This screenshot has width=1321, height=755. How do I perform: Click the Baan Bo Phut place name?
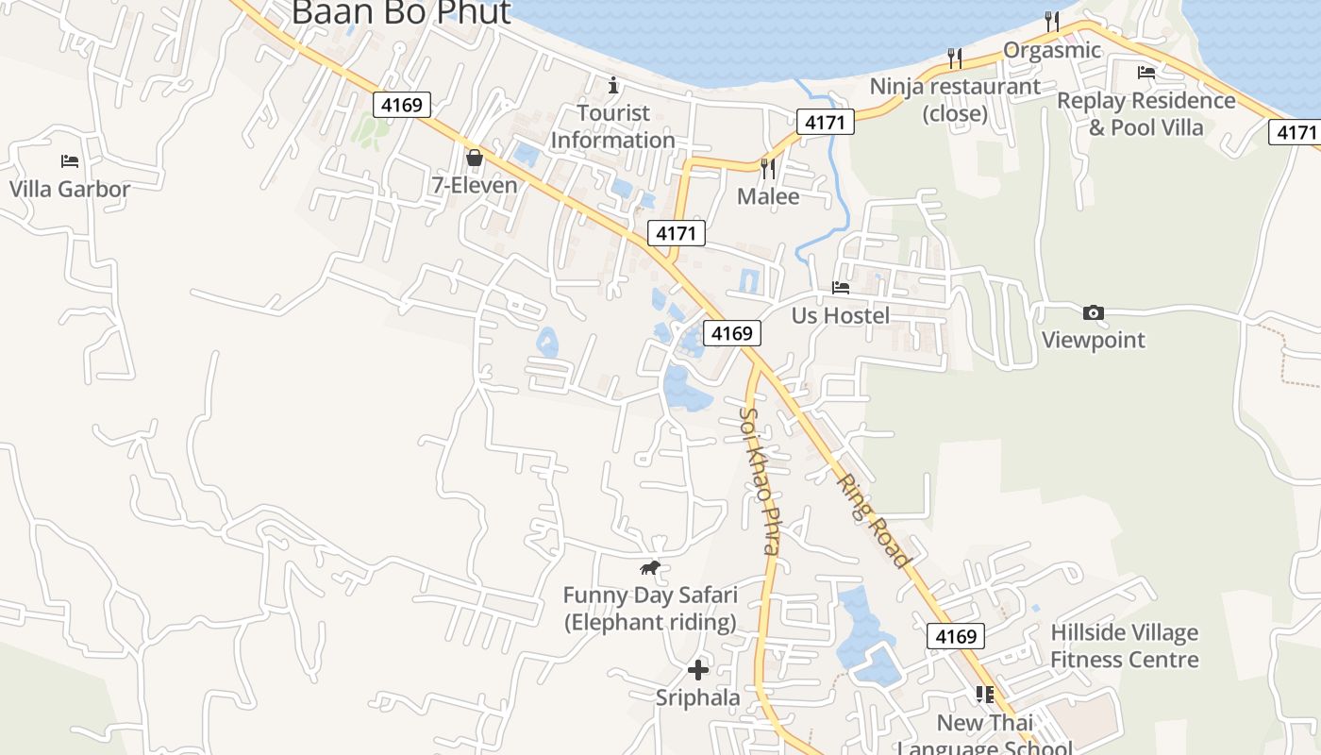[x=401, y=13]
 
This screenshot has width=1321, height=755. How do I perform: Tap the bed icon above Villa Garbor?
[x=70, y=161]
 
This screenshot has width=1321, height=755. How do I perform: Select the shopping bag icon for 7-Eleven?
[x=475, y=158]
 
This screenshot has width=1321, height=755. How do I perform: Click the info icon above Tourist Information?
[x=613, y=86]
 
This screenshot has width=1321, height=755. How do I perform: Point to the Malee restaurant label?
[x=768, y=196]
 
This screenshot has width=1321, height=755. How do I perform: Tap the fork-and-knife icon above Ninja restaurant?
[x=955, y=59]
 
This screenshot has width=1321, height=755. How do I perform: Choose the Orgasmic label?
[x=1052, y=50]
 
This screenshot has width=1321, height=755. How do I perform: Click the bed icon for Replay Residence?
[x=1146, y=72]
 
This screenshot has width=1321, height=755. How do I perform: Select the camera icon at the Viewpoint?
[x=1094, y=312]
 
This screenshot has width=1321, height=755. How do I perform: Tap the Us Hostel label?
[x=841, y=315]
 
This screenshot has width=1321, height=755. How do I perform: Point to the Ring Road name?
[x=875, y=519]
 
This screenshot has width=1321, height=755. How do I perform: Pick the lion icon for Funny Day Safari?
[x=649, y=568]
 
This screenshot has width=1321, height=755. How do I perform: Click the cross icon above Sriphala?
[x=698, y=670]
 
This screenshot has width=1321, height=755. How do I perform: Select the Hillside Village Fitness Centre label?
[x=1125, y=646]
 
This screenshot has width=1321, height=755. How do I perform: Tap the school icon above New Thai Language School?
[x=985, y=696]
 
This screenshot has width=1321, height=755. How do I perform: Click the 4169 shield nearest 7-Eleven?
[x=402, y=104]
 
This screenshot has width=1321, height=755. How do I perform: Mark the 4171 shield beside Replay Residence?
[x=1296, y=132]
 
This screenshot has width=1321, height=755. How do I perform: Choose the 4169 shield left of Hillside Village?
[x=955, y=636]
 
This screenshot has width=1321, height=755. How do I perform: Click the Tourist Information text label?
[x=613, y=126]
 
